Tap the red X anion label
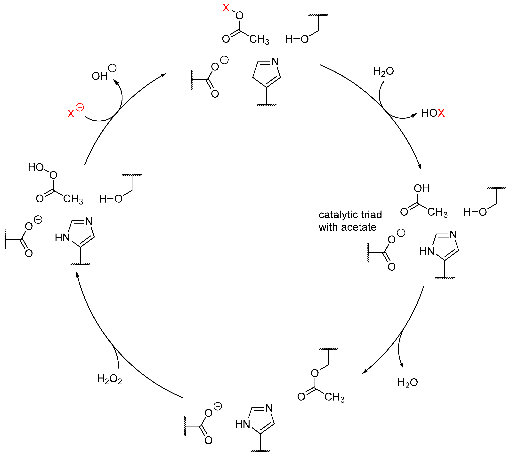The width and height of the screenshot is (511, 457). click(71, 113)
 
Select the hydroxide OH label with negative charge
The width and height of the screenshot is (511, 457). click(100, 76)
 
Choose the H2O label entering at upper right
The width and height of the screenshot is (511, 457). click(383, 71)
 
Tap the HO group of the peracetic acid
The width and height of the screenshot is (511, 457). click(36, 167)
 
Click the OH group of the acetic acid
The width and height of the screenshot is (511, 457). click(422, 189)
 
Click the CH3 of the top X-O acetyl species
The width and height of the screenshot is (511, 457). click(259, 39)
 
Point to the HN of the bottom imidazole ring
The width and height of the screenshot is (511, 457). click(243, 424)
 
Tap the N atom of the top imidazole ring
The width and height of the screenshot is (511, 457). click(275, 62)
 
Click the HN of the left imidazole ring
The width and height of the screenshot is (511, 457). click(62, 237)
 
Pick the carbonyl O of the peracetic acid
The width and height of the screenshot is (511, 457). click(40, 199)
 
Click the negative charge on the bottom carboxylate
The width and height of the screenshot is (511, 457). click(218, 406)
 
